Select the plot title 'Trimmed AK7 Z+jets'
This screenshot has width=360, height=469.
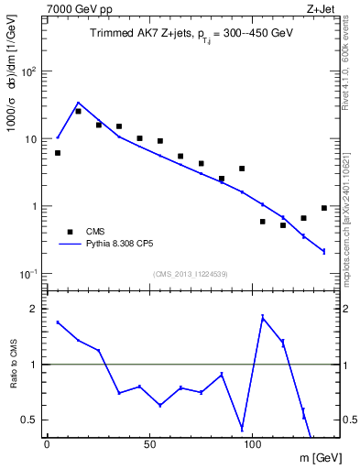(x=136, y=32)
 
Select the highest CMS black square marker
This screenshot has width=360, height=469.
(x=78, y=111)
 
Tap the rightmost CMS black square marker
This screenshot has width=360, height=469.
(x=324, y=208)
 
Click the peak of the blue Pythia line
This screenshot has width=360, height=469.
(x=78, y=103)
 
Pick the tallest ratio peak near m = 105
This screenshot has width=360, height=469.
(x=263, y=317)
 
